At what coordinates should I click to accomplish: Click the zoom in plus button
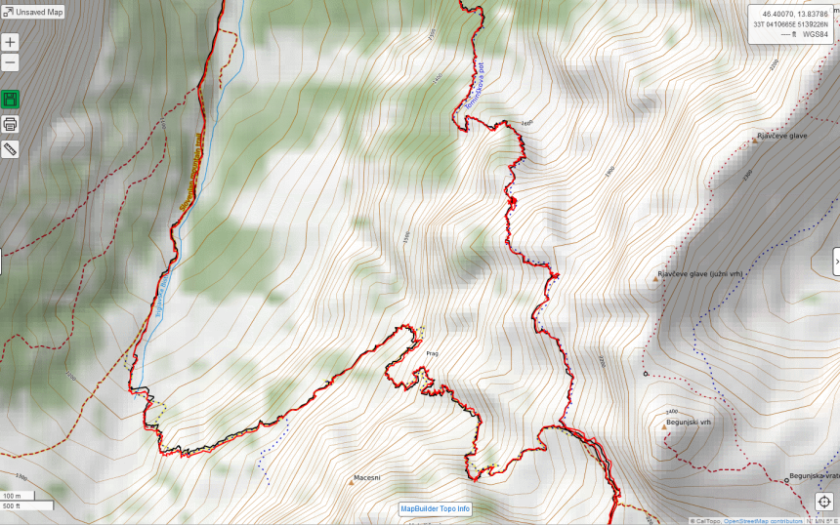coord(10,43)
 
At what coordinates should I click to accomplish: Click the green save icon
coord(10,100)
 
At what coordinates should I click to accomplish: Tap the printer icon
coord(10,124)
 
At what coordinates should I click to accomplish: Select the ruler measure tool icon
coord(10,149)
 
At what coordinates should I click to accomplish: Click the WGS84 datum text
coord(817,34)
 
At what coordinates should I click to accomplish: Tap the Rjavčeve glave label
coord(784,137)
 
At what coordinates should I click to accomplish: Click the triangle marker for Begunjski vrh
coord(664,426)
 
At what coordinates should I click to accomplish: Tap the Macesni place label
coord(366,478)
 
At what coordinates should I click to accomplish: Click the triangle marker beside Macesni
coord(352,482)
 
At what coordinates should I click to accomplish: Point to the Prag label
coord(432,353)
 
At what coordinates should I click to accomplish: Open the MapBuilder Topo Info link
coord(435,508)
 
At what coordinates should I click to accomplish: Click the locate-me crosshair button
coord(823,502)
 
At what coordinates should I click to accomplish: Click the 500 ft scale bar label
coord(12,505)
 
